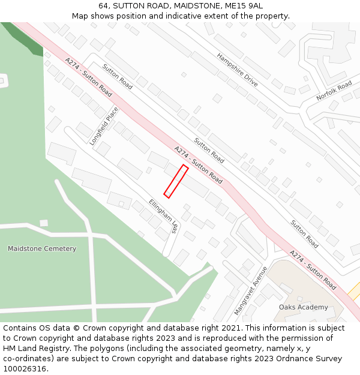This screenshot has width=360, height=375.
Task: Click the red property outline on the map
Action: pyautogui.click(x=176, y=181)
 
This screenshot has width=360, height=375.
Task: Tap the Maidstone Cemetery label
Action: pyautogui.click(x=42, y=248)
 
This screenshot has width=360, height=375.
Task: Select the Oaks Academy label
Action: pyautogui.click(x=304, y=307)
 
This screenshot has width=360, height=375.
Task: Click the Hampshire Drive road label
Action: pyautogui.click(x=237, y=69)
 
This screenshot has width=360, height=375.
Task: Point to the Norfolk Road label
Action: pyautogui.click(x=334, y=91)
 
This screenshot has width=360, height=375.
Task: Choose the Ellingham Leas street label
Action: pyautogui.click(x=164, y=216)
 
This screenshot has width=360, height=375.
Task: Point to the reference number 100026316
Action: pyautogui.click(x=25, y=369)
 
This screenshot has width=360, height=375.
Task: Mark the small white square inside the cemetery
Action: pyautogui.click(x=44, y=223)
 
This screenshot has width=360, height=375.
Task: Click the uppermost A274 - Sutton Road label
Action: pyautogui.click(x=88, y=77)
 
